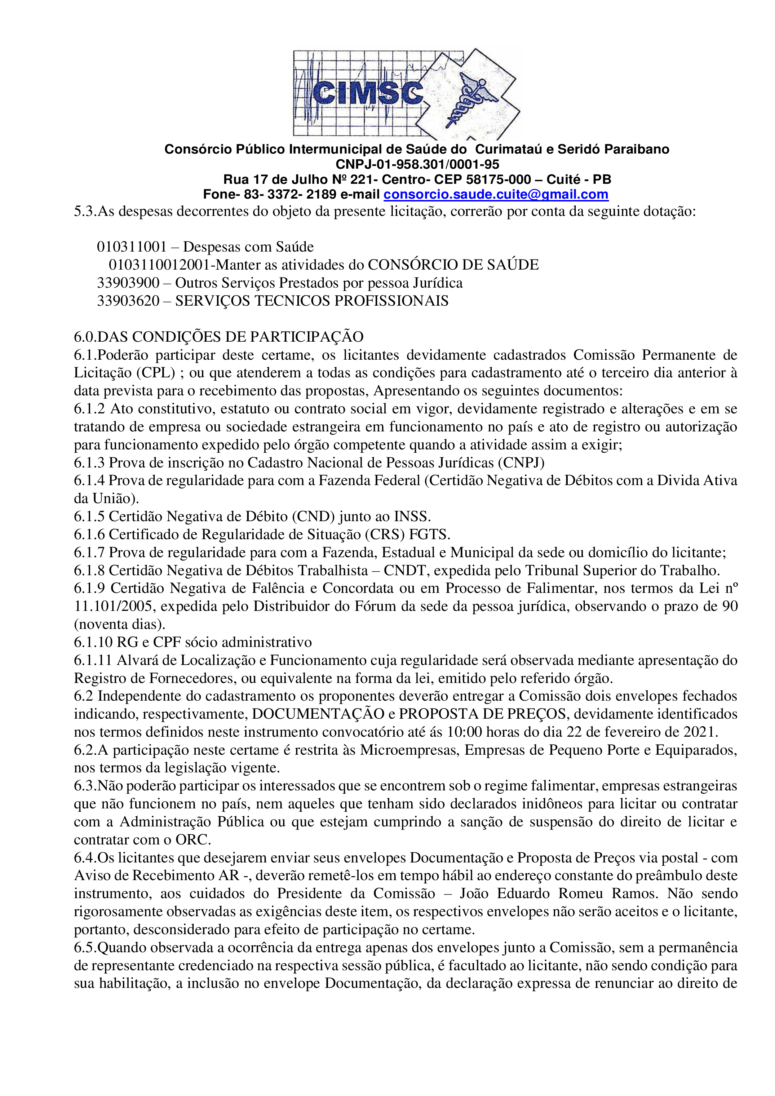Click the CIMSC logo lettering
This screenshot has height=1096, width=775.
pyautogui.click(x=368, y=93)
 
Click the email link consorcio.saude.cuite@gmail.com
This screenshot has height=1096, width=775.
pyautogui.click(x=496, y=195)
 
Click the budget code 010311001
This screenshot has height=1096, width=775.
pyautogui.click(x=131, y=247)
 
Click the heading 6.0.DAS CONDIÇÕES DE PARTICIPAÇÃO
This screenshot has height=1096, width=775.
pyautogui.click(x=218, y=337)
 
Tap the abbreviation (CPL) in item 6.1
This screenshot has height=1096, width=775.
pyautogui.click(x=155, y=373)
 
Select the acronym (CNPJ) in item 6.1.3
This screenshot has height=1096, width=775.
pyautogui.click(x=521, y=462)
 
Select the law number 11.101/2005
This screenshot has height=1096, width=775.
pyautogui.click(x=113, y=606)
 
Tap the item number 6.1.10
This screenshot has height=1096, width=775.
pyautogui.click(x=93, y=642)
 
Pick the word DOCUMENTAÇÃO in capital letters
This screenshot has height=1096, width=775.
pyautogui.click(x=318, y=714)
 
